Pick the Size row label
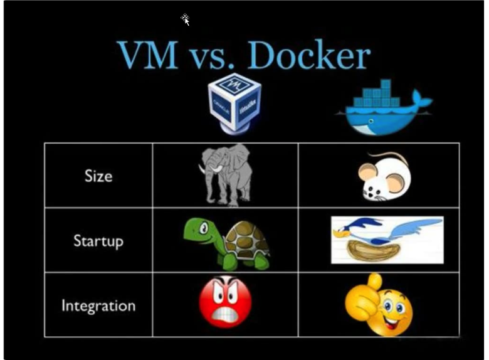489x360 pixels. (98, 176)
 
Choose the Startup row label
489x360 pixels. (98, 241)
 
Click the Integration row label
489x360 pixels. (98, 306)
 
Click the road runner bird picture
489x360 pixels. (387, 240)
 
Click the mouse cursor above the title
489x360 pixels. (186, 19)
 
